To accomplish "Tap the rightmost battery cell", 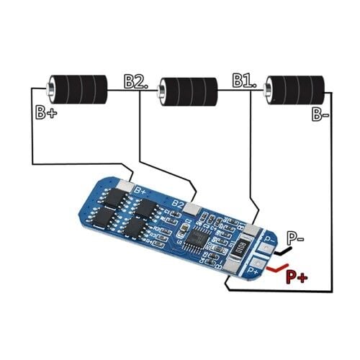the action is (294, 90).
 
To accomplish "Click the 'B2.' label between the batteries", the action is (136, 81).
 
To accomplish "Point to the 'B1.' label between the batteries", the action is (244, 80).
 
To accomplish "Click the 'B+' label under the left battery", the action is (46, 112).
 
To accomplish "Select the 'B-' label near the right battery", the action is (320, 114).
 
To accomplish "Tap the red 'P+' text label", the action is (297, 277).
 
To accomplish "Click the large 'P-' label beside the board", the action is (295, 238).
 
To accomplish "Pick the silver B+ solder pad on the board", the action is (125, 186).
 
